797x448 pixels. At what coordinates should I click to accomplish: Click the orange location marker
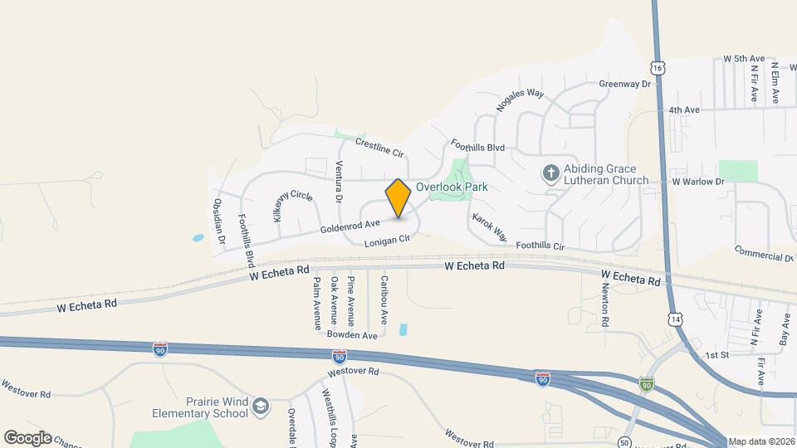[x=398, y=199]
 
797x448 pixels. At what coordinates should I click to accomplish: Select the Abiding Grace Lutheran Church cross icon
[x=550, y=173]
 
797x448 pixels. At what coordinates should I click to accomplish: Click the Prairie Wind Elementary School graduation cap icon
[x=262, y=406]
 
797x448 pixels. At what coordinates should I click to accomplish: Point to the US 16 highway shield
[x=658, y=66]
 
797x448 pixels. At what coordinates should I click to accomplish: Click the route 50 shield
[x=624, y=441]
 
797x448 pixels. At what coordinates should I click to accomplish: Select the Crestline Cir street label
[x=379, y=148]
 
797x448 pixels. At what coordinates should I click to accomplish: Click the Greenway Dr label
[x=624, y=84]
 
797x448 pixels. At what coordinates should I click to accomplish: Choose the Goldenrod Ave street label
[x=350, y=224]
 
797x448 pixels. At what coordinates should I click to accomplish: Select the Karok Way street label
[x=490, y=228]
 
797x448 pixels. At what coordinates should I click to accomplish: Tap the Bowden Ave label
[x=352, y=335]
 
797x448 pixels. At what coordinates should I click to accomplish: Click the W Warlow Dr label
[x=692, y=181]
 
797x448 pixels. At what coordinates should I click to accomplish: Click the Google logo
[x=27, y=437]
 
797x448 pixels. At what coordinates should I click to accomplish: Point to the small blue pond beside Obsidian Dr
[x=198, y=238]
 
